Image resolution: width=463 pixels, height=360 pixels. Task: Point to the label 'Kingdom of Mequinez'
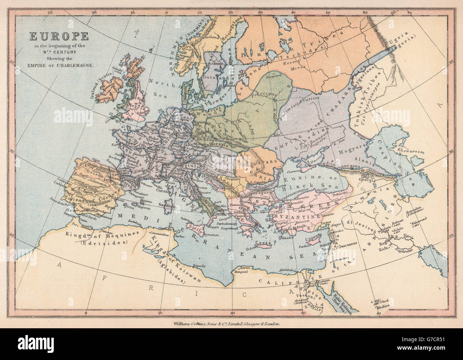pyautogui.click(x=93, y=235)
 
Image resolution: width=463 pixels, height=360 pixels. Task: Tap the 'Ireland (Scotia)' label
pyautogui.click(x=102, y=84)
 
